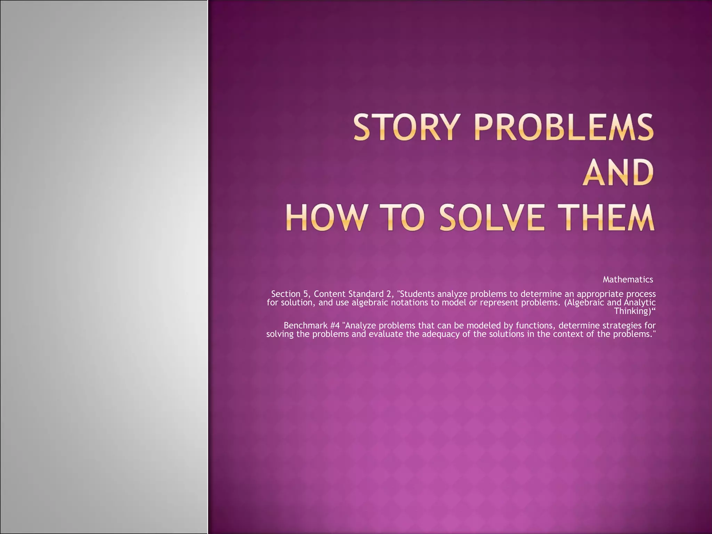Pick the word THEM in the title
point(613,218)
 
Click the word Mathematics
point(628,280)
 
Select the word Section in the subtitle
point(286,294)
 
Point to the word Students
point(418,294)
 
